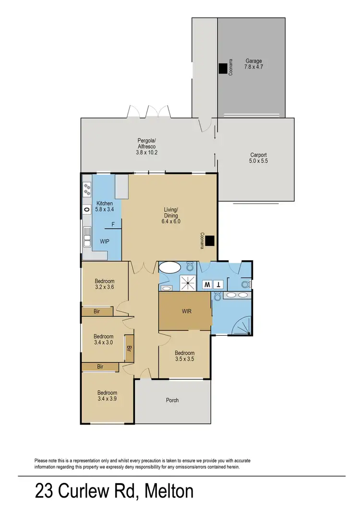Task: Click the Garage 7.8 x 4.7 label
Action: click(x=254, y=64)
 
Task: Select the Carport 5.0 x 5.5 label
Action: click(x=258, y=158)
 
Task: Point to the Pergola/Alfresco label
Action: click(x=147, y=146)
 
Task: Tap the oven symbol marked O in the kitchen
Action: click(x=86, y=209)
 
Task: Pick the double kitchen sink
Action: click(x=87, y=235)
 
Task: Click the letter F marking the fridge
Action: click(x=113, y=224)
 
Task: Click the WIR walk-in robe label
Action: click(x=187, y=311)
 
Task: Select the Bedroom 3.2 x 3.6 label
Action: click(x=104, y=284)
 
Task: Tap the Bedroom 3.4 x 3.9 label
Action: click(x=107, y=395)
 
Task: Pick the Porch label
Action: click(x=172, y=400)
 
